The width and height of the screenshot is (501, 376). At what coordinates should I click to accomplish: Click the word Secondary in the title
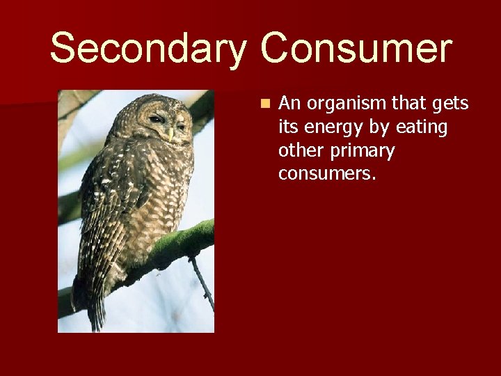(148, 49)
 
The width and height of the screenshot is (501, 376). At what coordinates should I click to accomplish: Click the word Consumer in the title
(356, 49)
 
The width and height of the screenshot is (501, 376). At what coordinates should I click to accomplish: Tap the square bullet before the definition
(264, 104)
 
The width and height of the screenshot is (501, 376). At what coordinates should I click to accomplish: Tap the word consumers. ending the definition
(327, 173)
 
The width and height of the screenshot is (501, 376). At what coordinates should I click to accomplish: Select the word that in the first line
(411, 104)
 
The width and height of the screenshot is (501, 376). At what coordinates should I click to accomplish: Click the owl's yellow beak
(170, 133)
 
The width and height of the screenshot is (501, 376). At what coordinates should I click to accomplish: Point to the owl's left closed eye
(157, 120)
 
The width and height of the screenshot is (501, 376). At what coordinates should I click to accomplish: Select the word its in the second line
(288, 127)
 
